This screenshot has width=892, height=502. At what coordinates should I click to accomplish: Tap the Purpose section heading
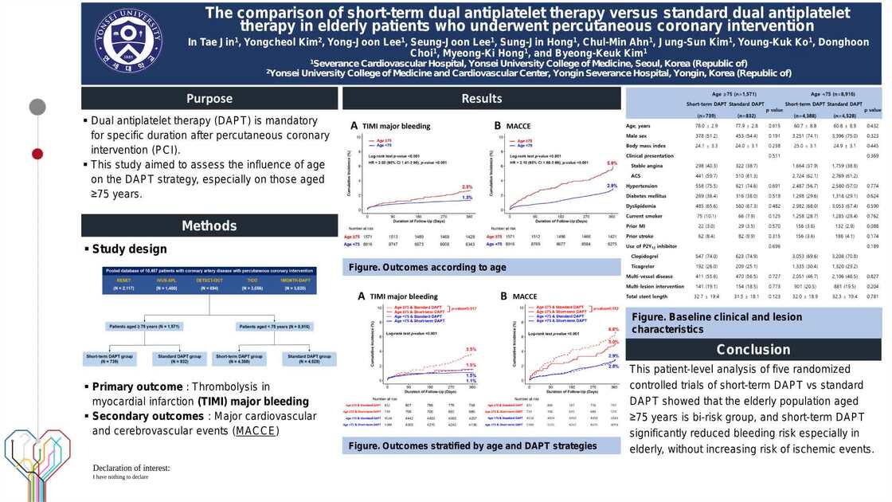click(209, 99)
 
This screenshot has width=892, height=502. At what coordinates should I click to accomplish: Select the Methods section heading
click(209, 226)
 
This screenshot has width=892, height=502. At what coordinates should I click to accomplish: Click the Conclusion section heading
click(753, 350)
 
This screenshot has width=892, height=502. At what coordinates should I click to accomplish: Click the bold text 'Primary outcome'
click(137, 387)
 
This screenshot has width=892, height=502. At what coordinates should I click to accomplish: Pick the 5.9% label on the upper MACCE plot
click(611, 162)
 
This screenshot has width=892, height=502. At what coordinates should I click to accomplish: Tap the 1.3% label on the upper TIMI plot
click(468, 196)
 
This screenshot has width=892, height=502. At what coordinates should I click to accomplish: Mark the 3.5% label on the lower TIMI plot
click(471, 350)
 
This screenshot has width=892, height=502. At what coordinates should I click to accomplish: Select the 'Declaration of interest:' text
click(131, 468)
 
